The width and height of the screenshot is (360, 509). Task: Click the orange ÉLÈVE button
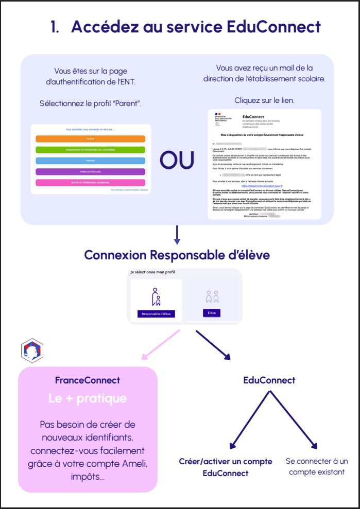(91, 139)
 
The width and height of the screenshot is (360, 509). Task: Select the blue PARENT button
(91, 161)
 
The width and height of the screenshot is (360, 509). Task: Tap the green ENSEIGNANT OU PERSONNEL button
(91, 150)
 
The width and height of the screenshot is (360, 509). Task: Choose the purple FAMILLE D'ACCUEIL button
(91, 171)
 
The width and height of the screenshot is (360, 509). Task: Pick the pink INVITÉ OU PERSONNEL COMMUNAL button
(91, 183)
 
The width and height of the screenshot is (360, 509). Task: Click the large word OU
(177, 160)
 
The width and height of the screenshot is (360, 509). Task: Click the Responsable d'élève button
(156, 313)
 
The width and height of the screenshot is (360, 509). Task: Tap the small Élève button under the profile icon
(212, 312)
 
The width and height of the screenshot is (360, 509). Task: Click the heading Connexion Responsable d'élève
(177, 255)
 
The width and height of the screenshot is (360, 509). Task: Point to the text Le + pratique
(88, 398)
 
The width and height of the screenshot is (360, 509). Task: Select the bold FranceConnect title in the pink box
(88, 380)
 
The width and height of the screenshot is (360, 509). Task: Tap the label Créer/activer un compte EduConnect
(218, 467)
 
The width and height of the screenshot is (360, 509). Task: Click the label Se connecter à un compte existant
(317, 466)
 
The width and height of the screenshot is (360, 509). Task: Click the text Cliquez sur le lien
(264, 100)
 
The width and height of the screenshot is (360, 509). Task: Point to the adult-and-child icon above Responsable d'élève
(156, 297)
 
